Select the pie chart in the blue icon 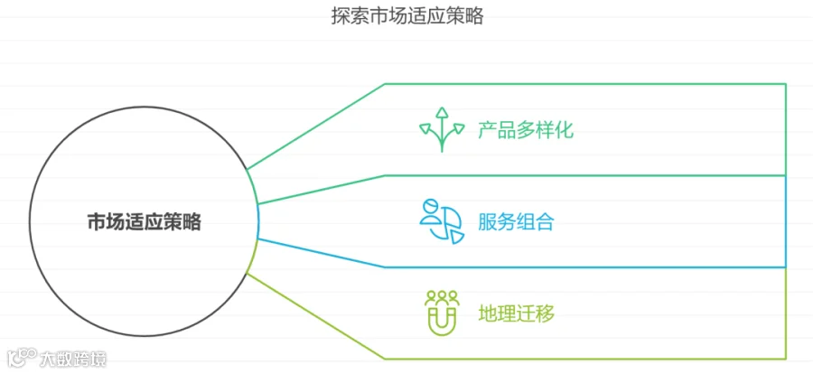click(448, 227)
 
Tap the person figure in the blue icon click(430, 214)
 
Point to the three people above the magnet click(442, 296)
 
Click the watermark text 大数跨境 click(72, 359)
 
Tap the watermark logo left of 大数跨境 click(21, 358)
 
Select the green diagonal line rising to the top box click(316, 126)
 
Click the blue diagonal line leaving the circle click(321, 253)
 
